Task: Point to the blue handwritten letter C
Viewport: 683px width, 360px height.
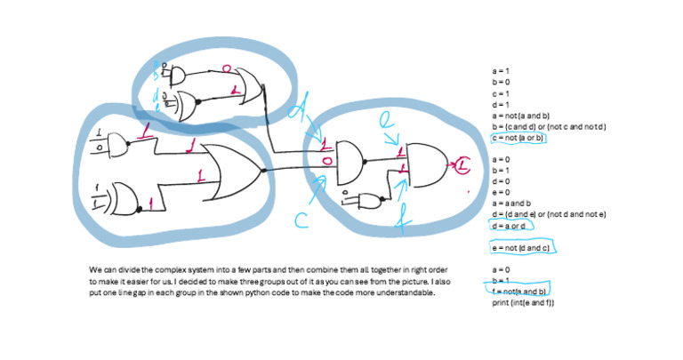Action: pyautogui.click(x=301, y=220)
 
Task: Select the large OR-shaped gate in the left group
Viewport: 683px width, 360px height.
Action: pyautogui.click(x=232, y=168)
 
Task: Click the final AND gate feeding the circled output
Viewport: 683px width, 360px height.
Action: pyautogui.click(x=426, y=165)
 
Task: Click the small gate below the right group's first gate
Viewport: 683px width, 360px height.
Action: pyautogui.click(x=367, y=199)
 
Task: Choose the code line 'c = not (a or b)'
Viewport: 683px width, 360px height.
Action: pyautogui.click(x=518, y=138)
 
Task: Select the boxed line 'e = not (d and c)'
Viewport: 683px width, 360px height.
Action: pyautogui.click(x=522, y=246)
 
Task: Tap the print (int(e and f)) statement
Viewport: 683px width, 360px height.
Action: pyautogui.click(x=523, y=303)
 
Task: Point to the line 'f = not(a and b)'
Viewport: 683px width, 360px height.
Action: pyautogui.click(x=520, y=292)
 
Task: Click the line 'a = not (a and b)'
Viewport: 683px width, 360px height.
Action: pyautogui.click(x=520, y=116)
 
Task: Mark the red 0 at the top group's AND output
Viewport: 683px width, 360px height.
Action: pyautogui.click(x=226, y=68)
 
